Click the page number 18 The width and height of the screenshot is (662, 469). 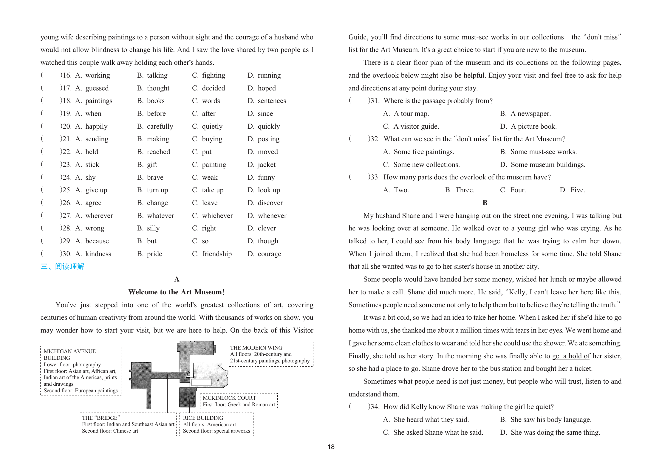pos(331,447)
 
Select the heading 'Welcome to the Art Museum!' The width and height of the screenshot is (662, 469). pos(177,292)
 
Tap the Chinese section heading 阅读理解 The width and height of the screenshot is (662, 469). pos(69,266)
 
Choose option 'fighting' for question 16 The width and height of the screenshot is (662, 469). pos(213,75)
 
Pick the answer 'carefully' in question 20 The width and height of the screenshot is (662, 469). pos(160,126)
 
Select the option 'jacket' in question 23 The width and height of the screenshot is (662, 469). pos(266,164)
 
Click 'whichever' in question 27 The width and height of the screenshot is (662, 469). pos(217,216)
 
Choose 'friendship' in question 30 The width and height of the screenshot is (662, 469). pos(216,254)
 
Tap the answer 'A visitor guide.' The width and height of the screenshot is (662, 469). pos(416,126)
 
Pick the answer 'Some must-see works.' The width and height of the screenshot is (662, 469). pos(543,152)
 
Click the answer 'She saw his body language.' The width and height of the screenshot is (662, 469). pos(550,419)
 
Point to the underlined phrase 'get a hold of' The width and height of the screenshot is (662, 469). pos(571,356)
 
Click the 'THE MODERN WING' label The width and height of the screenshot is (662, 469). pos(256,348)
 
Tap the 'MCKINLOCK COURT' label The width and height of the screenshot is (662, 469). pos(229,398)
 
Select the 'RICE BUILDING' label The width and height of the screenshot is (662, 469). pos(203,418)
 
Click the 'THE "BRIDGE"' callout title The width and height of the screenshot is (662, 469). pos(101,418)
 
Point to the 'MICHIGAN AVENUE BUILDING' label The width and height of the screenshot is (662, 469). pos(70,355)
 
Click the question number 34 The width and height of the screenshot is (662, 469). pos(374,407)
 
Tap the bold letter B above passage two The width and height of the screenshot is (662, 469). pos(485,203)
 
